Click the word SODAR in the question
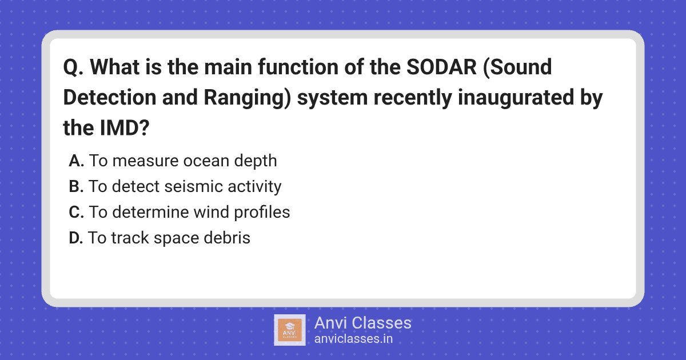coord(441,67)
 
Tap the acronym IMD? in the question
coord(125,127)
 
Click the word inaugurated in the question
coord(516,98)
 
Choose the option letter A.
coord(76,161)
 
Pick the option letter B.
coord(76,186)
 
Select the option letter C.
coord(76,212)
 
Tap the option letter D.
coord(76,238)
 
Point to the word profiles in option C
coord(262,212)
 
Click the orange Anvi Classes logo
coord(290,330)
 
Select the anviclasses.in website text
coord(353,339)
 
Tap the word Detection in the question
coord(110,97)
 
